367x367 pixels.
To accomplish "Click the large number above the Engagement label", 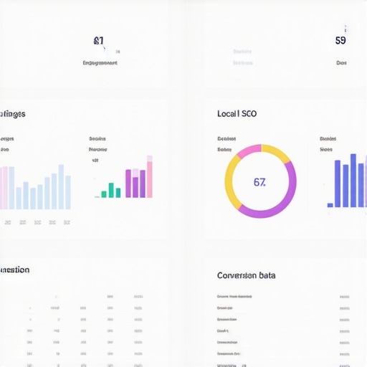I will [x=99, y=41].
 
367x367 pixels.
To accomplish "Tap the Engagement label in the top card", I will [x=100, y=63].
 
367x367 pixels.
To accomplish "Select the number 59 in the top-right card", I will [x=340, y=40].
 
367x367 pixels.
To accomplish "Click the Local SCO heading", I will [x=237, y=114].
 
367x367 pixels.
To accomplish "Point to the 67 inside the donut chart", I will [x=259, y=182].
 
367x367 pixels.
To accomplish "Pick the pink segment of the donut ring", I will [x=248, y=151].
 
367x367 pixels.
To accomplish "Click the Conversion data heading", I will [x=246, y=275].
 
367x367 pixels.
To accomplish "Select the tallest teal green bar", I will [x=111, y=189].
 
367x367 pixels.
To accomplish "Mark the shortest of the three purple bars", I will [x=128, y=183].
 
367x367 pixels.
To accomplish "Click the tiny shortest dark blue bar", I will [x=330, y=205].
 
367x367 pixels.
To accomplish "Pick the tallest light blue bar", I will [x=61, y=186].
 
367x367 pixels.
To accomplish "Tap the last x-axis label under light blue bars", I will [x=67, y=223].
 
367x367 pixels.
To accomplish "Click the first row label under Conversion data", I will [x=235, y=296].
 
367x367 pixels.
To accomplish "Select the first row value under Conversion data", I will [x=344, y=296].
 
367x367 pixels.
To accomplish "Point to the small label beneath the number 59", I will [x=341, y=63].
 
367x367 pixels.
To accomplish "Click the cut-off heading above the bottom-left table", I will [x=14, y=270].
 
